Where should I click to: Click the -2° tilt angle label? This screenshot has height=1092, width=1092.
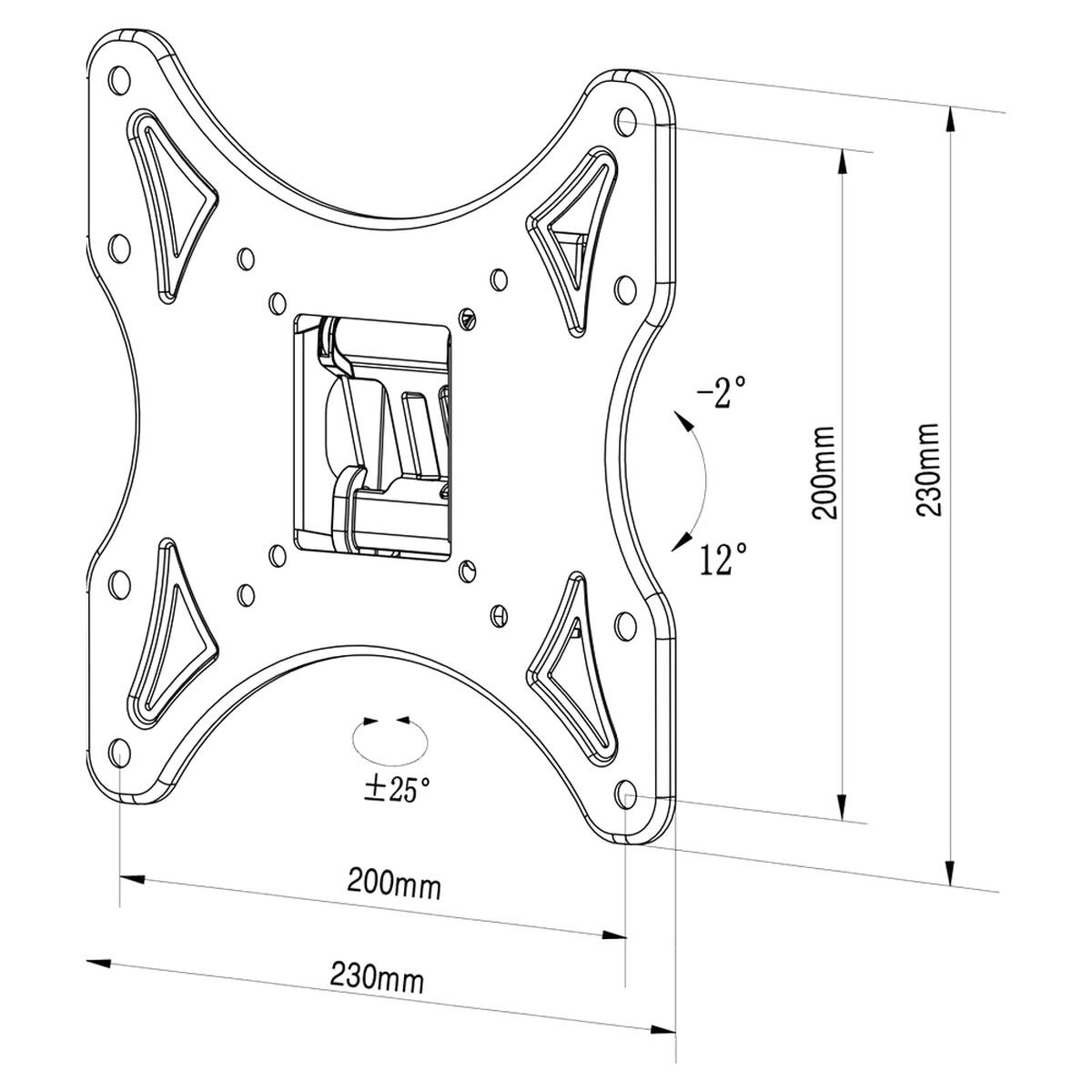click(721, 394)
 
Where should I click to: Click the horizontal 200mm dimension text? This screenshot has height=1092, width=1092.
click(394, 883)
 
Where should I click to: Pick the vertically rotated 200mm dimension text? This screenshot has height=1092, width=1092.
click(824, 471)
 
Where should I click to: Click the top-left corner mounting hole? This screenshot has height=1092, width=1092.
click(116, 79)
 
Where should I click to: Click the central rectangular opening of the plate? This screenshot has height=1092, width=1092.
click(373, 432)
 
